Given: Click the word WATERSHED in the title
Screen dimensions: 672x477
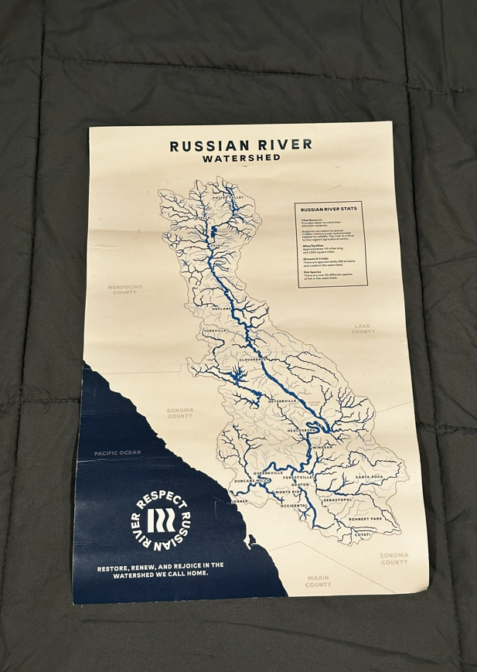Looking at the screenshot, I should [241, 158].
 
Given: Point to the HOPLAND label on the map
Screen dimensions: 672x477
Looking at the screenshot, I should [222, 308].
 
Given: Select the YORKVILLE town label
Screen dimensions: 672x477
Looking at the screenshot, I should [216, 330].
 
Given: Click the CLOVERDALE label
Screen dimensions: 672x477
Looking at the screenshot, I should [253, 360].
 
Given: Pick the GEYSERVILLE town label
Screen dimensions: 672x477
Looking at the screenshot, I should [281, 401].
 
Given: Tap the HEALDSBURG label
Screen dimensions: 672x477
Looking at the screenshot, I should [302, 430].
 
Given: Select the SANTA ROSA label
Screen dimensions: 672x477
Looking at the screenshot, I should [370, 476].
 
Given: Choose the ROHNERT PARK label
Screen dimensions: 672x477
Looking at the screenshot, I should [365, 518].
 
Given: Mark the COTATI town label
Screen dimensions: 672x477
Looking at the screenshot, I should [363, 534].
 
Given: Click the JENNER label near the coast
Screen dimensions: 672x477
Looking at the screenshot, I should [239, 500].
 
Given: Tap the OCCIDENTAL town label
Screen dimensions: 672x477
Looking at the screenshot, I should [294, 505].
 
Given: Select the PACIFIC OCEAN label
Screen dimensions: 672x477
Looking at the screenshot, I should [118, 452].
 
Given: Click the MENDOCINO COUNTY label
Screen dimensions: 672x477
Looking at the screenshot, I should [124, 289].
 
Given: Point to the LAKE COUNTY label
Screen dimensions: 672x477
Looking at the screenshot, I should [363, 329].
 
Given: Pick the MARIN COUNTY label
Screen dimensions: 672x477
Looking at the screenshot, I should [318, 581].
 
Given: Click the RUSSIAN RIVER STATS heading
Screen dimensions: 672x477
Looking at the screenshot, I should [329, 209].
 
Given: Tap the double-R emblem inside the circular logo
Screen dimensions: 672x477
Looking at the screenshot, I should [161, 520].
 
